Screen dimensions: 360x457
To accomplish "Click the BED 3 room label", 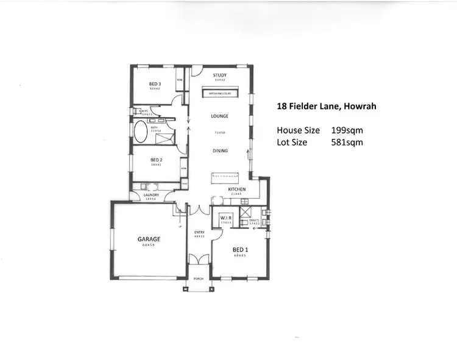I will coord(154,84).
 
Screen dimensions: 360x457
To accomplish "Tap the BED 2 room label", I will coord(155,159).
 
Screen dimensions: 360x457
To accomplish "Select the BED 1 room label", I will coord(240,249).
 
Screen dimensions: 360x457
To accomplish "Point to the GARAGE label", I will coord(148,239).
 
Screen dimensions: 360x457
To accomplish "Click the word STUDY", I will coord(220,76).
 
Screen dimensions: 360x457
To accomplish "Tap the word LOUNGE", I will coord(219,115).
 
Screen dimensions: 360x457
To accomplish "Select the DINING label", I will coord(220,150).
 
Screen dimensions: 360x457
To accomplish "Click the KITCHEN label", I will coord(237,189).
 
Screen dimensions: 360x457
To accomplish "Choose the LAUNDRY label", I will coord(151,195).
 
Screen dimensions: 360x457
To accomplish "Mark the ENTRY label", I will coord(199,232).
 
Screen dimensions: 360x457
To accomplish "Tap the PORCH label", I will coord(198,278).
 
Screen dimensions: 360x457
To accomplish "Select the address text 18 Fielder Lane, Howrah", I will coord(326,106).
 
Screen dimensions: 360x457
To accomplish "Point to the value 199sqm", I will coord(347,130).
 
